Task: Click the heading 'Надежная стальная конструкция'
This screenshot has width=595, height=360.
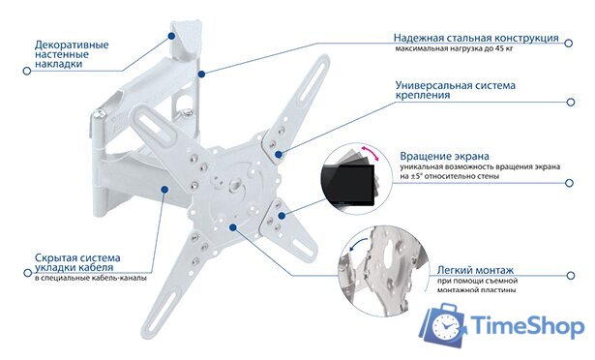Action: point(475,38)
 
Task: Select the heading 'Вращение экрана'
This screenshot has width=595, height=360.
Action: point(444,156)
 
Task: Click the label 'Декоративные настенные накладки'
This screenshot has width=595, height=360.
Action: point(72,54)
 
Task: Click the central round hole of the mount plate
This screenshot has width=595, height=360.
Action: point(234,182)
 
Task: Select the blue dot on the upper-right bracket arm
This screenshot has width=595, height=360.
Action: point(279,152)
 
